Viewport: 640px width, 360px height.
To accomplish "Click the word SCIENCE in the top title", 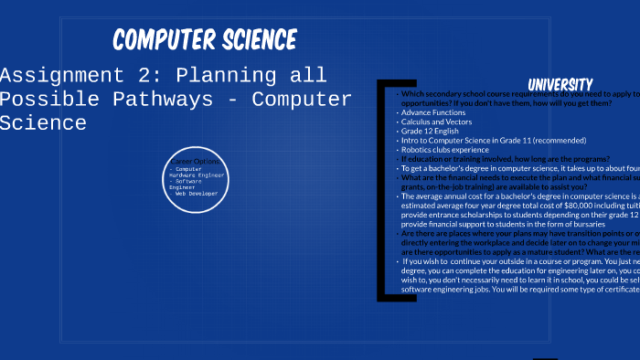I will click(260, 40).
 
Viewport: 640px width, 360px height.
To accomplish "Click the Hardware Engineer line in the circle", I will click(197, 175).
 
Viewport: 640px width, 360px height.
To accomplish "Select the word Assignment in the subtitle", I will click(54, 75).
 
